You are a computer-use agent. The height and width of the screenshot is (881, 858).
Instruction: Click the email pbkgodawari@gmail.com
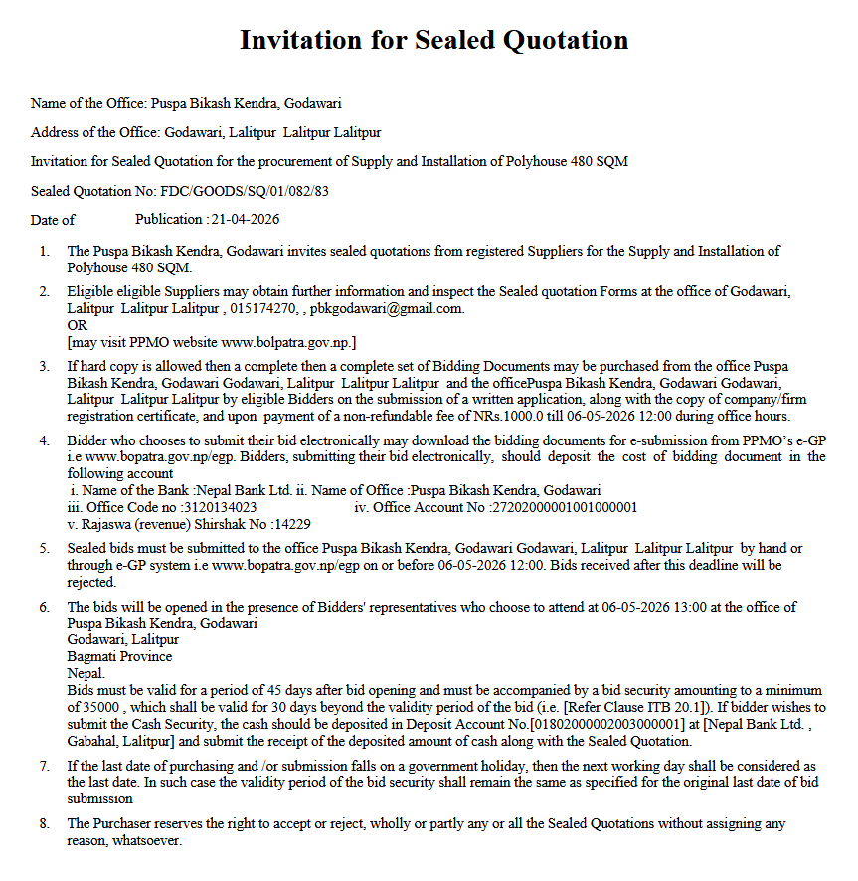tap(386, 308)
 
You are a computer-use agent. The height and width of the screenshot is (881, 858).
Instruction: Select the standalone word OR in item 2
tap(77, 325)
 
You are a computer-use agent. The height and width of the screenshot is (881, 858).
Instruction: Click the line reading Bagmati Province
tap(119, 656)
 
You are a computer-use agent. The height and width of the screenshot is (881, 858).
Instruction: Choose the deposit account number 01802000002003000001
tap(608, 724)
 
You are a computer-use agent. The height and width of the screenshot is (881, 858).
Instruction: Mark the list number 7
tap(44, 766)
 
